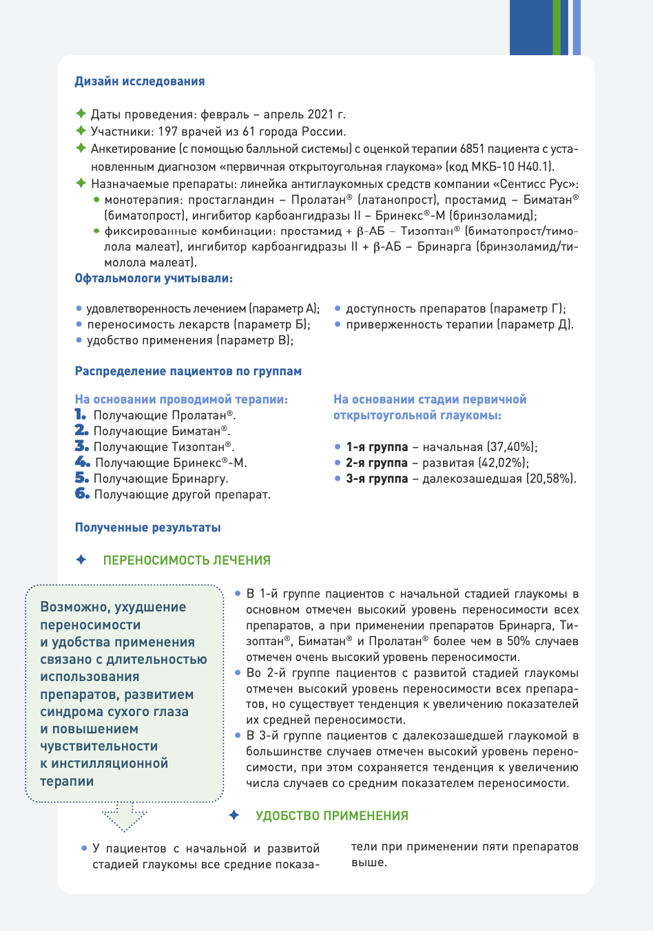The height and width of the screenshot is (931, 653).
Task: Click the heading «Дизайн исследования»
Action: coord(140,81)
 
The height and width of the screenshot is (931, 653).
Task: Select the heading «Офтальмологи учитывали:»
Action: coord(154,278)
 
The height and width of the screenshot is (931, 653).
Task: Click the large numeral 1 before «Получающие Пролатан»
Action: coord(81,415)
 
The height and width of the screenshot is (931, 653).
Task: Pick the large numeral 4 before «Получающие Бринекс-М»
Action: coord(82,462)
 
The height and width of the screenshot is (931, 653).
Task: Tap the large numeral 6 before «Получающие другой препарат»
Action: coord(82,494)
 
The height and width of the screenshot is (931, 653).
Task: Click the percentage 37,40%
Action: coord(511,447)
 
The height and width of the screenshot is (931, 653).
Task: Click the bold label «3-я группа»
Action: coord(377,479)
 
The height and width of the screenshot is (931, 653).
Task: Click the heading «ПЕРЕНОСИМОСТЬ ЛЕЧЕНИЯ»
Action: coord(187,561)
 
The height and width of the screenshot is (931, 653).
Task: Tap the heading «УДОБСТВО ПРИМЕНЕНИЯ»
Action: coord(332,816)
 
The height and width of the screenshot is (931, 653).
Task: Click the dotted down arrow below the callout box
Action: coord(125,817)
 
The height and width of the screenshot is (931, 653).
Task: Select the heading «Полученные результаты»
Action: coord(148,527)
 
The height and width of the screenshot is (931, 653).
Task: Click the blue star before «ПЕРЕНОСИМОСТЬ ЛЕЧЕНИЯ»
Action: coord(81,560)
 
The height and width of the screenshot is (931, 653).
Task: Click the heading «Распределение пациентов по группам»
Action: coord(188,371)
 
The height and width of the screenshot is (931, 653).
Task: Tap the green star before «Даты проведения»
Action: coord(81,114)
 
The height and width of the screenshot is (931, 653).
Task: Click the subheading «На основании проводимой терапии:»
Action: coord(181,399)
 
